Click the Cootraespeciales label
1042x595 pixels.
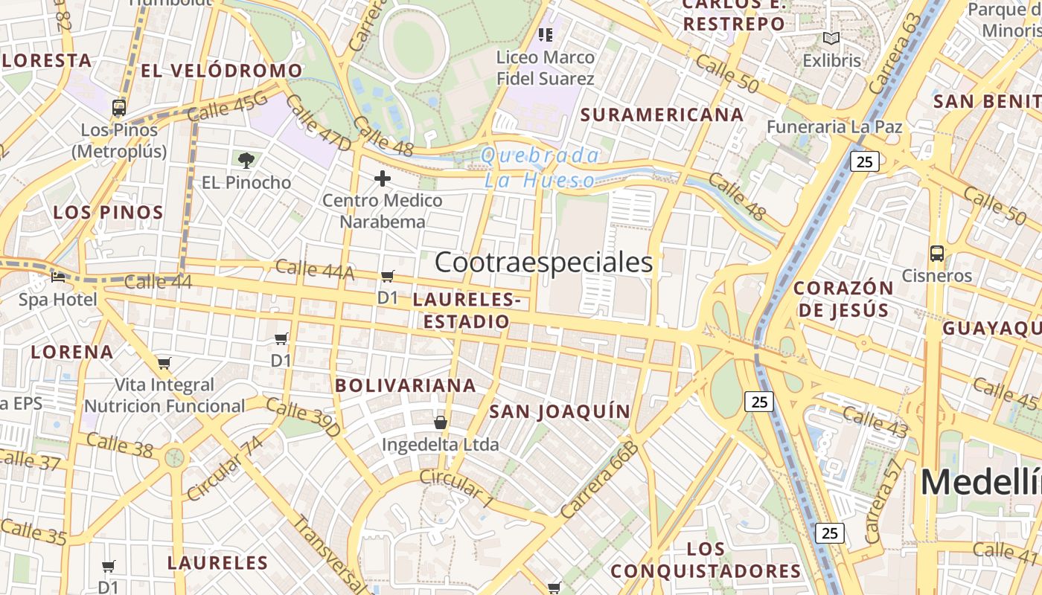click(x=543, y=263)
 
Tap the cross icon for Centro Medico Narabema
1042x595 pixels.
click(x=383, y=178)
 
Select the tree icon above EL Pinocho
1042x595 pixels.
click(x=246, y=160)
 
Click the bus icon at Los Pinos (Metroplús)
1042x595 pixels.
click(x=119, y=108)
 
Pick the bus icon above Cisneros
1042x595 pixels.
click(x=936, y=254)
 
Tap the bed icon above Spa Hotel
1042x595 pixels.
click(x=58, y=277)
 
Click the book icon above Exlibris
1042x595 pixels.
click(x=831, y=39)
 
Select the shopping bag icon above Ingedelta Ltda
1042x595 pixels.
click(x=441, y=422)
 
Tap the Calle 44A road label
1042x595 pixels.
click(x=315, y=270)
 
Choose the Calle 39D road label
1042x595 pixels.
click(x=303, y=418)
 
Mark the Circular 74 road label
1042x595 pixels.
click(x=225, y=469)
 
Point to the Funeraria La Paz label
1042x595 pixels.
click(x=834, y=127)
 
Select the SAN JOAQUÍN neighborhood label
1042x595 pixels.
click(x=560, y=411)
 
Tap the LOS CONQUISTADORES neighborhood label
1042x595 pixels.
click(x=706, y=560)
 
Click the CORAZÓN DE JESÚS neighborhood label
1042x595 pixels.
click(x=843, y=299)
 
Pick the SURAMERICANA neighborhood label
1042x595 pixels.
click(x=662, y=115)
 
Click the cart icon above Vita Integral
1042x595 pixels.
click(x=164, y=364)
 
